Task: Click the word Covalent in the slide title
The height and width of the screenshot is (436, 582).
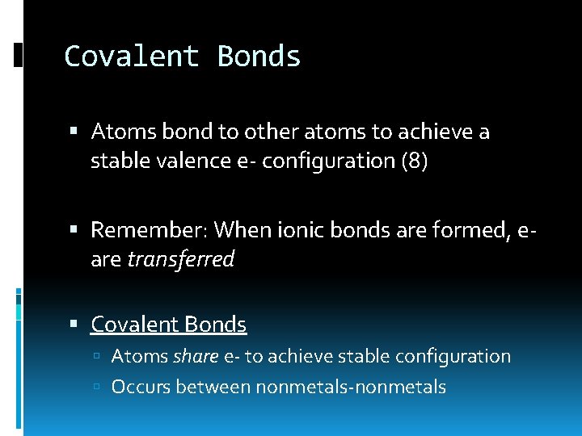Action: [132, 57]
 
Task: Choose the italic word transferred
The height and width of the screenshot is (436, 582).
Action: [181, 259]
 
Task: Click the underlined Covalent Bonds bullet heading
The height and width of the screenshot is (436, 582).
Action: [168, 325]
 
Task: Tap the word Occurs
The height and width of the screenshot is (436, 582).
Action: [141, 387]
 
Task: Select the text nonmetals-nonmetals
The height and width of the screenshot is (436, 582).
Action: [351, 387]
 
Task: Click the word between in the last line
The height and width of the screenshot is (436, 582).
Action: [213, 387]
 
